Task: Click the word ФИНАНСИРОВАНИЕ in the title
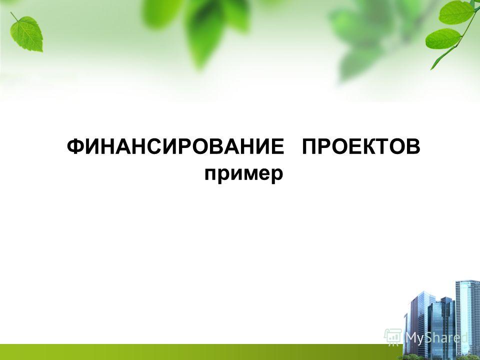pyautogui.click(x=175, y=146)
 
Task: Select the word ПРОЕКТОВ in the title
pyautogui.click(x=361, y=146)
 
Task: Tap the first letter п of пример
pyautogui.click(x=211, y=175)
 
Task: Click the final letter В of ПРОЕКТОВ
pyautogui.click(x=412, y=146)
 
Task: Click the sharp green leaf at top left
pyautogui.click(x=27, y=33)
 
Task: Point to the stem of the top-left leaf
pyautogui.click(x=14, y=16)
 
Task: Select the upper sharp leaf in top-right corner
pyautogui.click(x=456, y=12)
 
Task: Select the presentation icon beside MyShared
pyautogui.click(x=393, y=336)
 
